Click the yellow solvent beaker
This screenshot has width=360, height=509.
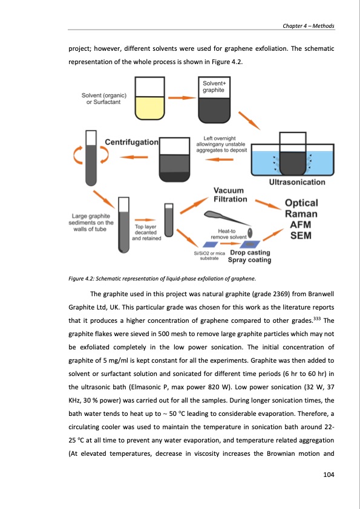pos(150,98)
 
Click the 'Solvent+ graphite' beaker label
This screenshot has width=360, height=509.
pos(214,86)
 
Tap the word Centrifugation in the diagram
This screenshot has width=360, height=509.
pos(131,142)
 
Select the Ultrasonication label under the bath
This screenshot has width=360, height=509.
pos(297,182)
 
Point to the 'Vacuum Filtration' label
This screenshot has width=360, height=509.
pos(230,195)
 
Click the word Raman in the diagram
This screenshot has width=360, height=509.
pos(301,214)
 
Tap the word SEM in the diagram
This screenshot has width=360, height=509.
pos(301,235)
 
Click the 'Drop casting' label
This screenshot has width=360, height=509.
pos(250,253)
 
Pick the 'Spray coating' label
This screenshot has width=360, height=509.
pos(249,260)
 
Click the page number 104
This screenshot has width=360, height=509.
pos(329,475)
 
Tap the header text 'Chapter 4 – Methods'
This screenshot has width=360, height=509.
pos(309,26)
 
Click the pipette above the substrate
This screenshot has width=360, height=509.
pos(227,218)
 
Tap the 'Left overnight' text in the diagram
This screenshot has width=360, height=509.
pos(220,138)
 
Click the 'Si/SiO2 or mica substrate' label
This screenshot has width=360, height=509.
pos(209,256)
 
